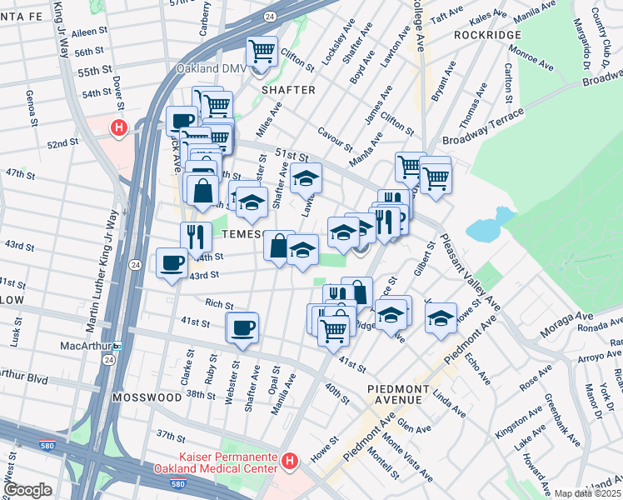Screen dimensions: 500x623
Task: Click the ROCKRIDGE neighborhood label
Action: [488, 35]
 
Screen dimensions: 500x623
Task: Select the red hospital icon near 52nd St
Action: [119, 128]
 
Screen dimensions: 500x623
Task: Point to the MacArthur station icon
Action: [118, 345]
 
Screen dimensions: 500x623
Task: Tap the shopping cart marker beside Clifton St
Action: [262, 52]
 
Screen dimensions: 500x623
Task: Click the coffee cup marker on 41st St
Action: [243, 327]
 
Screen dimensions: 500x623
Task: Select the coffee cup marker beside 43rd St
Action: [172, 262]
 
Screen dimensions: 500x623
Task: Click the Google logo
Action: [27, 490]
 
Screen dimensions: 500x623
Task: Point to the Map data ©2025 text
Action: [587, 493]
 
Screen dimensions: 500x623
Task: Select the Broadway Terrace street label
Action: [494, 124]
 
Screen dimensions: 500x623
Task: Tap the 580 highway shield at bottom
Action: [177, 484]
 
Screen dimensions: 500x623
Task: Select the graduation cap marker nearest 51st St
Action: [307, 177]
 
